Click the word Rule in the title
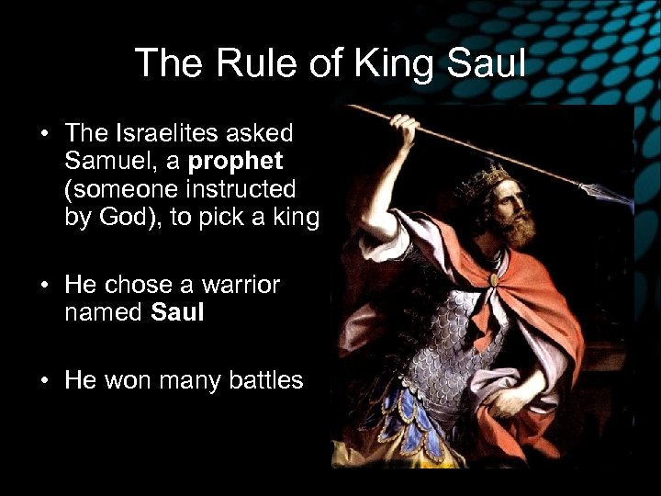tap(241, 63)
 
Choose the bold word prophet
tap(236, 162)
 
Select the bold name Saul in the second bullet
tap(177, 313)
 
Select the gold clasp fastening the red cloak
tap(495, 277)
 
